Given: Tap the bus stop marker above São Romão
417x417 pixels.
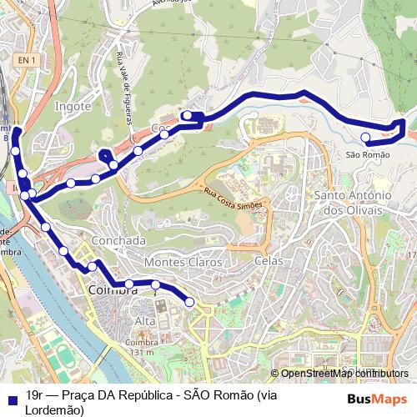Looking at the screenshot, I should (x=365, y=138).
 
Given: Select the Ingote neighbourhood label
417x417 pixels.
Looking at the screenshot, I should (x=73, y=107).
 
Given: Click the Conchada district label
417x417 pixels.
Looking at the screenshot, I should (x=121, y=240).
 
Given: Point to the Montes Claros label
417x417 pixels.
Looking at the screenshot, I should (x=183, y=262).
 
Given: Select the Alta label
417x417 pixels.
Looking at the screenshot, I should (x=145, y=321).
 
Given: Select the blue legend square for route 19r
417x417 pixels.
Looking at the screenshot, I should (x=11, y=399).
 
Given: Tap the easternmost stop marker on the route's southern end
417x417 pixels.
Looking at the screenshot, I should (x=189, y=302).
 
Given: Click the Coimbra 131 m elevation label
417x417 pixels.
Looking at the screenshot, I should (x=141, y=347).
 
